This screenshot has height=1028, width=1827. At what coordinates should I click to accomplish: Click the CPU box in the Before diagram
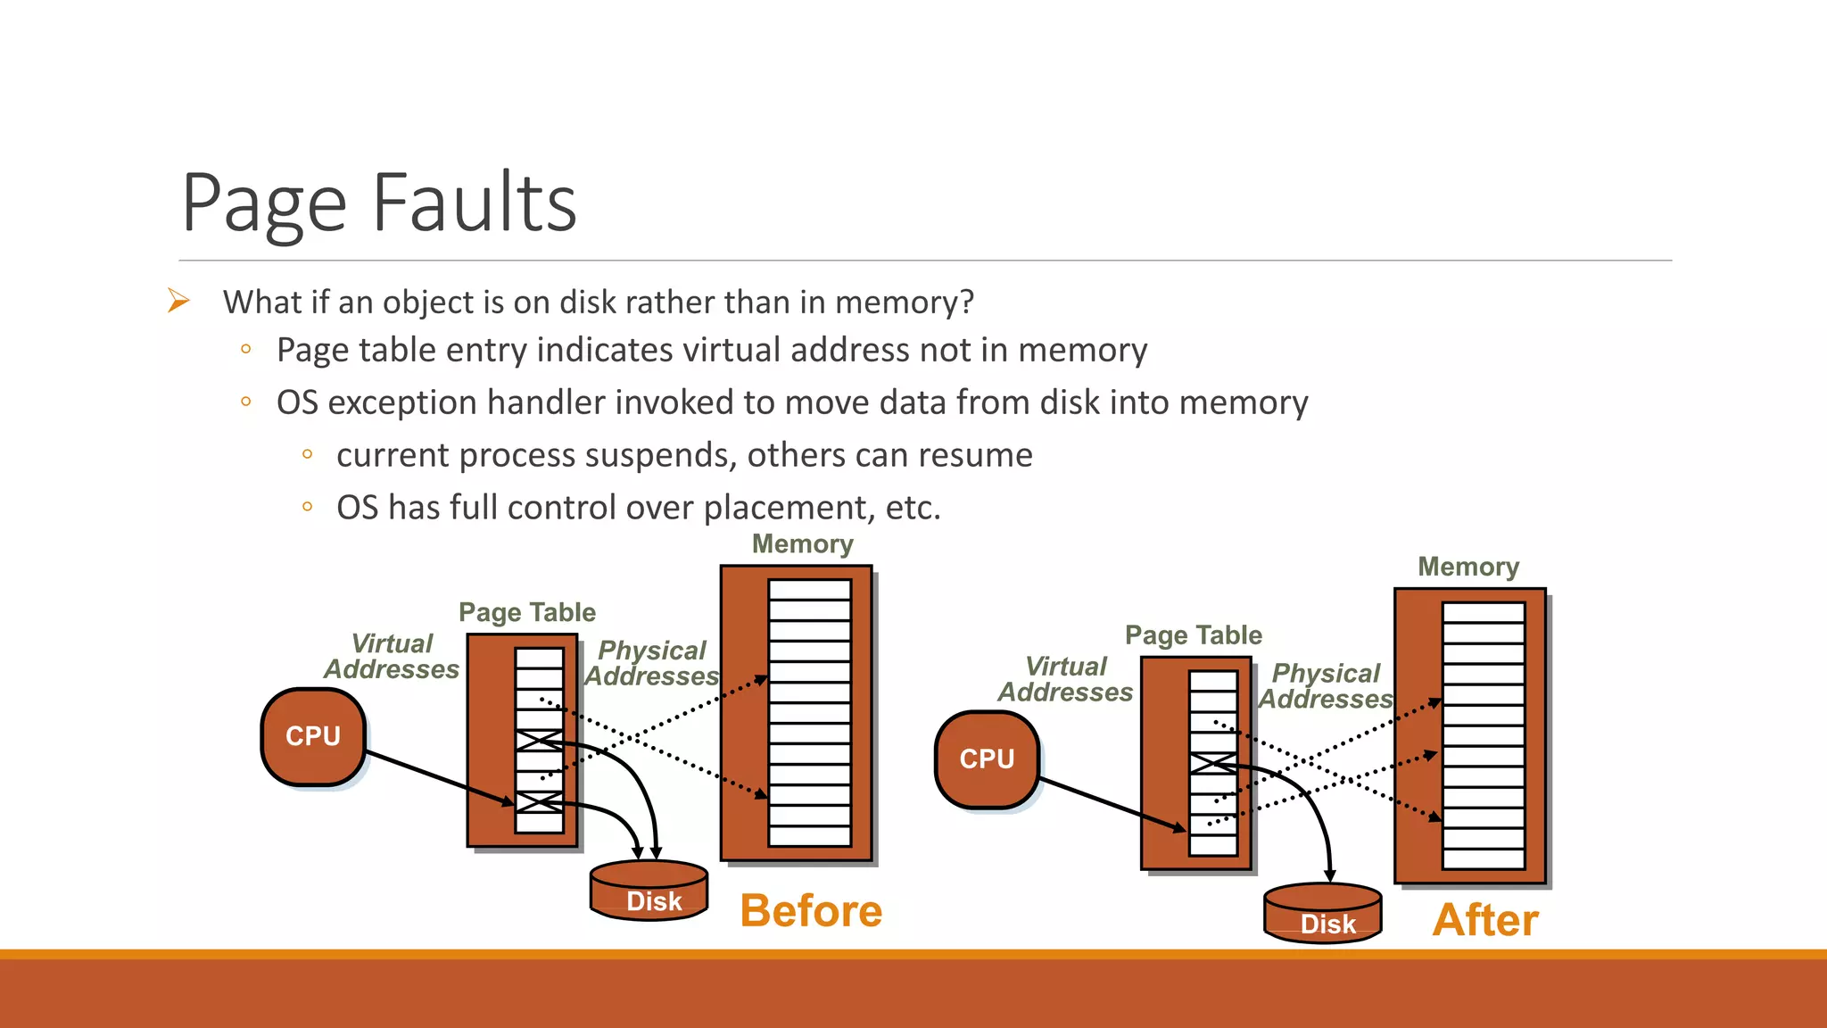point(313,736)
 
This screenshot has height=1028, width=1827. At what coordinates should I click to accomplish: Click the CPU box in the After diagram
point(987,759)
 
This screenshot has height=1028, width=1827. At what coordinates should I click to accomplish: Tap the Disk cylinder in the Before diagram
point(649,891)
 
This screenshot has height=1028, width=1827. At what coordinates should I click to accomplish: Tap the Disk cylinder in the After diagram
point(1323,914)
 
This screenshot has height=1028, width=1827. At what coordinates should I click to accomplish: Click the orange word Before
point(811,911)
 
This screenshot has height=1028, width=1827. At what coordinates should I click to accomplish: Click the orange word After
point(1485,920)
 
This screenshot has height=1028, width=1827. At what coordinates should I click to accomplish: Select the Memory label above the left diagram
point(802,544)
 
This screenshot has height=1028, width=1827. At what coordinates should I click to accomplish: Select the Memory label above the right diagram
point(1468,567)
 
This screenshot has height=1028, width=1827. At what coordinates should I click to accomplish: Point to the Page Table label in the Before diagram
point(526,612)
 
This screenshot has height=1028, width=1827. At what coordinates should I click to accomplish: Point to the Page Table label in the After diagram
point(1193,635)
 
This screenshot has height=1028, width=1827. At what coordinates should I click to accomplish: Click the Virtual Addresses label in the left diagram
point(392,657)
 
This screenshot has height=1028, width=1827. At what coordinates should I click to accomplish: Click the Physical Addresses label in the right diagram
point(1326,686)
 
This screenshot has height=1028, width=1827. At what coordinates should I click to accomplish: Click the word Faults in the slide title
point(475,203)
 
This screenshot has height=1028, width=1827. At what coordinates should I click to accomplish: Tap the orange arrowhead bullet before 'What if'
point(178,301)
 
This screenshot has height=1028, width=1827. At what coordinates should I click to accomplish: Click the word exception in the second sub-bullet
point(402,403)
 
